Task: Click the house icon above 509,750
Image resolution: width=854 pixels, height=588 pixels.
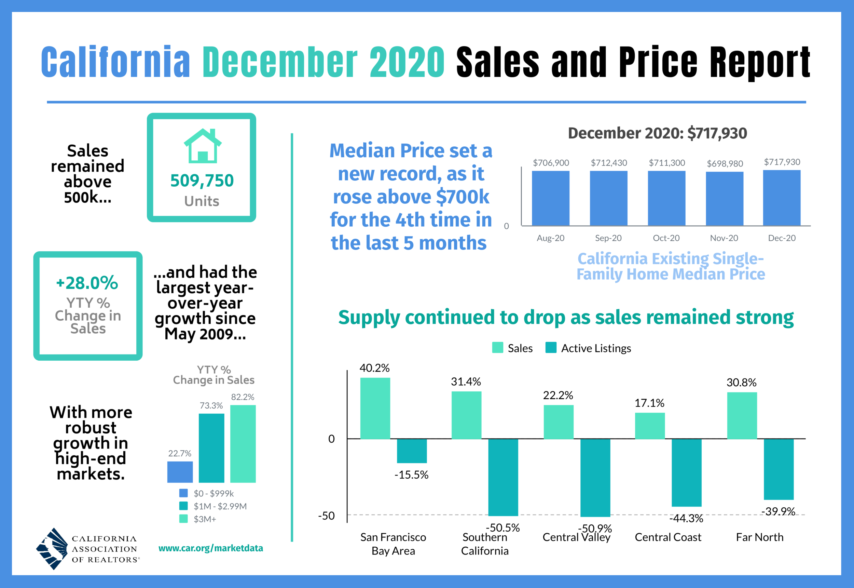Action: (203, 146)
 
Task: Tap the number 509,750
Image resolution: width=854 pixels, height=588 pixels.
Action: (202, 181)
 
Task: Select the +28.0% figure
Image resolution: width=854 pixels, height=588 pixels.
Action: (87, 283)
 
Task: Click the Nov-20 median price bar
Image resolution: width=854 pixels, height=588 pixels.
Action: (724, 199)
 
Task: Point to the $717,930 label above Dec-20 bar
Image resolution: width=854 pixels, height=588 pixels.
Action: (782, 162)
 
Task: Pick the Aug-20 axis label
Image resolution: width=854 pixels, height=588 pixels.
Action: (550, 238)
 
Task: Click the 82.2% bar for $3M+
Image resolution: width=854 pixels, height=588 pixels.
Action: (243, 444)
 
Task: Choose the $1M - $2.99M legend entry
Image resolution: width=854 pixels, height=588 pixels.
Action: (220, 506)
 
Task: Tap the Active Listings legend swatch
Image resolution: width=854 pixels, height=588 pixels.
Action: (551, 348)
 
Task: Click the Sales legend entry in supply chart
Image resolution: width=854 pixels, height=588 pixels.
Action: (513, 348)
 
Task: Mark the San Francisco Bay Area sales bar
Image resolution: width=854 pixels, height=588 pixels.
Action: (375, 408)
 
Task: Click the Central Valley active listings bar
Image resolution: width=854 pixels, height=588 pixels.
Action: (595, 478)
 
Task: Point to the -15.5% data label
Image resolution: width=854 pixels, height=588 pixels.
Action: (411, 475)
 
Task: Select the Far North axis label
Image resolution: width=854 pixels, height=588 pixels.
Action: (759, 537)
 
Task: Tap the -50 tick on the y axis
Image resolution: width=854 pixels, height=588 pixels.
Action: (327, 516)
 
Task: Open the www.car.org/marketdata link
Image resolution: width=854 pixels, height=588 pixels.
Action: (210, 548)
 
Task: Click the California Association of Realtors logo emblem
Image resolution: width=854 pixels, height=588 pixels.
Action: (52, 549)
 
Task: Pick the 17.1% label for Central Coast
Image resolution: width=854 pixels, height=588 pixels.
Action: (649, 403)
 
